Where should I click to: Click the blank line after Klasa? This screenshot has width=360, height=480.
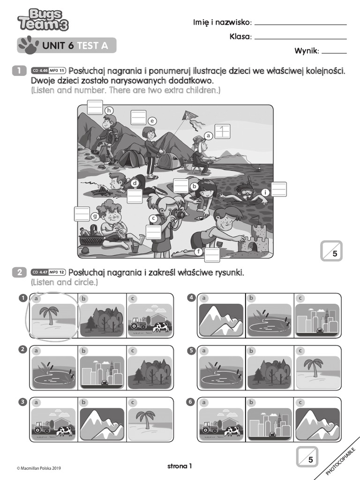(x=300, y=38)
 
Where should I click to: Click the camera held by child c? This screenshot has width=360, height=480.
(x=177, y=214)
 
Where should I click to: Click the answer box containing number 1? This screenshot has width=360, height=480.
(x=222, y=131)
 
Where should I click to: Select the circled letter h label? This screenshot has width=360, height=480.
(x=109, y=111)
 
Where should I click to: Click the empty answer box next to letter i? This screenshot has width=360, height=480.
(x=279, y=189)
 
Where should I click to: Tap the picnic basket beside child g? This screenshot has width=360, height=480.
(x=91, y=237)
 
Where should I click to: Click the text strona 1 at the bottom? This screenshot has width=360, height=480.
(x=180, y=466)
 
